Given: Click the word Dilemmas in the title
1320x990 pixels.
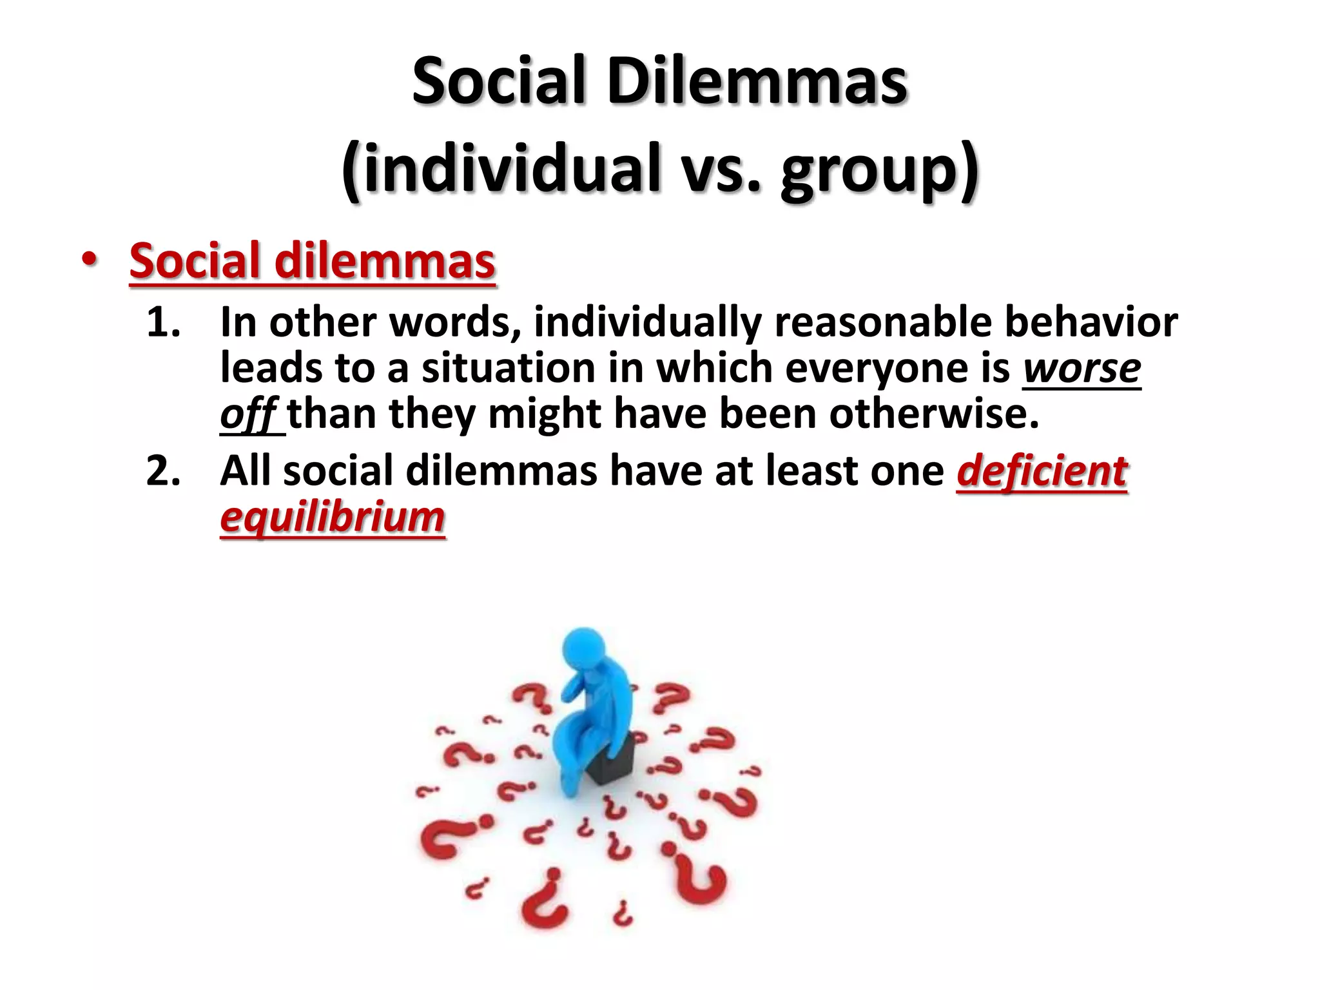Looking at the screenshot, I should point(757,82).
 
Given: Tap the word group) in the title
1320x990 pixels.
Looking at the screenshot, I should point(880,169).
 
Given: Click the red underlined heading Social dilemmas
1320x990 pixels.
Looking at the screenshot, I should point(313,261).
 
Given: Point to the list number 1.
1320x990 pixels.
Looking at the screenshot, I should point(163,322).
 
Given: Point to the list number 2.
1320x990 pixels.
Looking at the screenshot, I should point(163,471).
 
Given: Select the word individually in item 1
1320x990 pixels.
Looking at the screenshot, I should point(648,322).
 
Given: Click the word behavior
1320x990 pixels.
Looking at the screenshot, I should point(1091,322).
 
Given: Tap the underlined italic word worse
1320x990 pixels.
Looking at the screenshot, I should point(1082,368).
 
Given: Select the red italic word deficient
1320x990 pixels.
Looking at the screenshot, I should point(1042,471).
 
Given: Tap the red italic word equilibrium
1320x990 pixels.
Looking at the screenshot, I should point(333,517).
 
